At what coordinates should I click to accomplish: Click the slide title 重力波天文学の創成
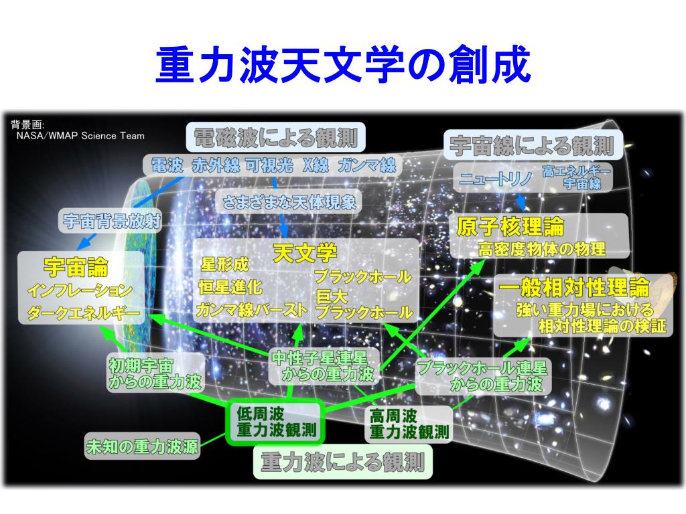click(x=342, y=66)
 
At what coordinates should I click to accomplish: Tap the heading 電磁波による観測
click(x=275, y=138)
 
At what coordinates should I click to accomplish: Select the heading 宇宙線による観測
click(x=532, y=144)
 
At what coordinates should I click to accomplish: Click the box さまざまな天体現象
click(x=289, y=201)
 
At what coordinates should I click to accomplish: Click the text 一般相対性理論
click(x=574, y=288)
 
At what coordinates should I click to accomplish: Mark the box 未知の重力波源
click(x=142, y=446)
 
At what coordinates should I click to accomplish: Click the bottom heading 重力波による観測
click(x=342, y=462)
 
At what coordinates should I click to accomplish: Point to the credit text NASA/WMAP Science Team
click(x=80, y=135)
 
